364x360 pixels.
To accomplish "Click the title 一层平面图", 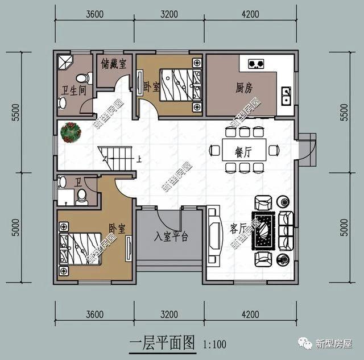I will coord(162,343).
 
